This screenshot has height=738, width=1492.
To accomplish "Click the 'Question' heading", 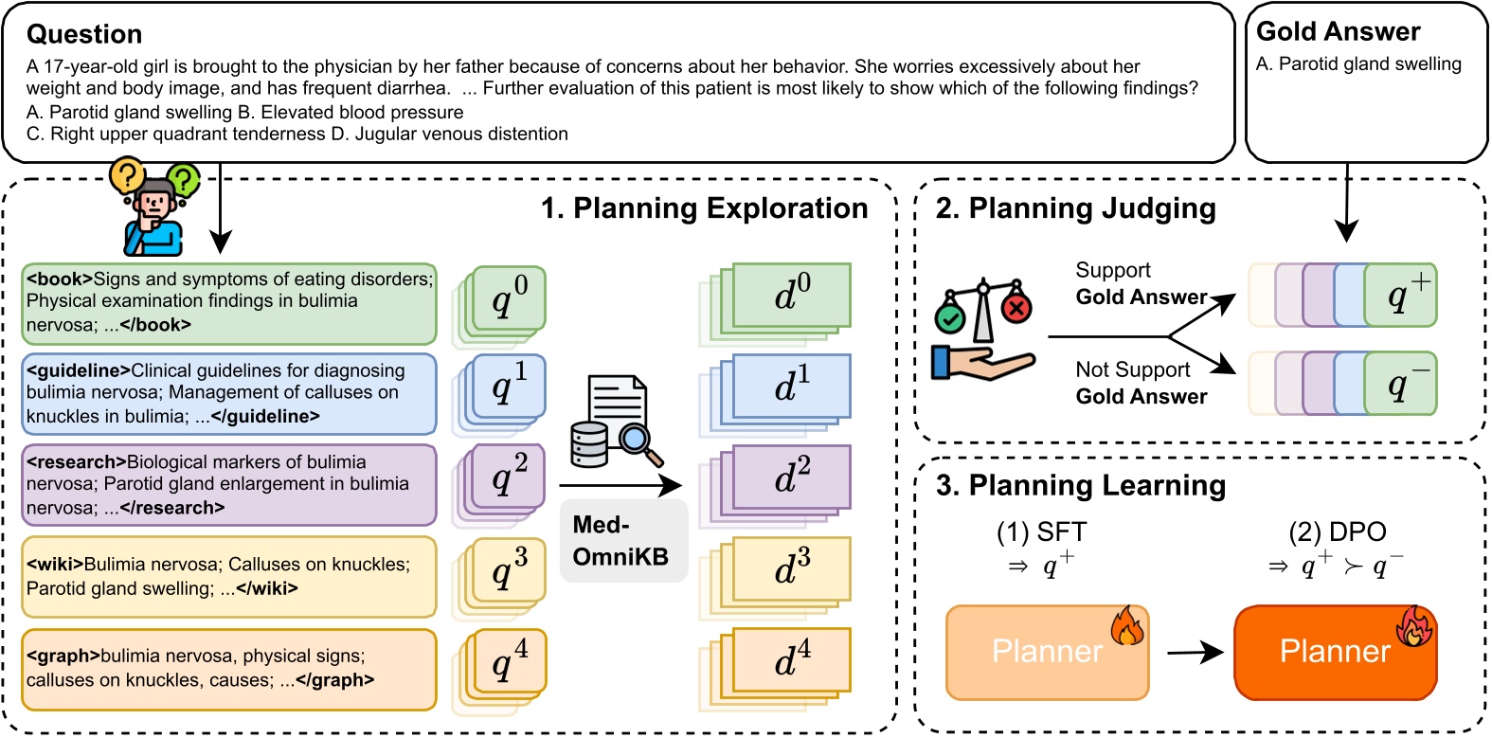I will pyautogui.click(x=84, y=34).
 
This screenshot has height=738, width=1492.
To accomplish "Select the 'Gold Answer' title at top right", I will pyautogui.click(x=1338, y=32).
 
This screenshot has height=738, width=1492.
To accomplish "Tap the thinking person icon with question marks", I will pyautogui.click(x=154, y=208).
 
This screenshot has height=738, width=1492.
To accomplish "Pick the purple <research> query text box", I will pyautogui.click(x=228, y=485).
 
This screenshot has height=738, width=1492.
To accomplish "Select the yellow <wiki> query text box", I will pyautogui.click(x=228, y=576).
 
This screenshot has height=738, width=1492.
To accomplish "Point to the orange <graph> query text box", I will pyautogui.click(x=228, y=669).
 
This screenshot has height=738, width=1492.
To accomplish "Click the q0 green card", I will pyautogui.click(x=510, y=298).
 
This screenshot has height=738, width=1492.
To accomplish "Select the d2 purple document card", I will pyautogui.click(x=791, y=477).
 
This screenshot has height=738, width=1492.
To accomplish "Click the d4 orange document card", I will pyautogui.click(x=791, y=659).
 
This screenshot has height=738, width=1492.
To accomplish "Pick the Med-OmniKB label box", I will pyautogui.click(x=621, y=541).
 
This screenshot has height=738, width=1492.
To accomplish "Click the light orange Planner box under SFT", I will pyautogui.click(x=1047, y=652).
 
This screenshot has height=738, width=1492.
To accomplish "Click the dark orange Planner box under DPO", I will pyautogui.click(x=1335, y=652).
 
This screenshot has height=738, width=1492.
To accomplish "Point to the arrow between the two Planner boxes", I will pyautogui.click(x=1194, y=652).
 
